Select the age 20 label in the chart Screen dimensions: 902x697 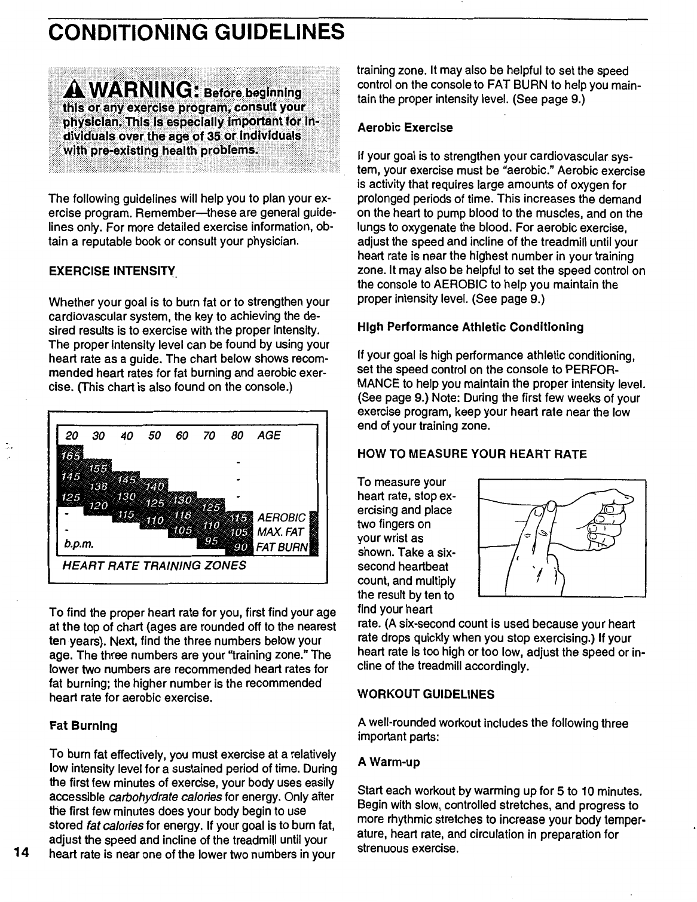click(71, 435)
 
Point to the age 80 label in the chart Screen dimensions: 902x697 click(237, 435)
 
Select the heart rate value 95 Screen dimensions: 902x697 click(212, 541)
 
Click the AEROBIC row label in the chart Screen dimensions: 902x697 click(281, 517)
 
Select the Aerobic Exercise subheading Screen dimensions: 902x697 click(405, 128)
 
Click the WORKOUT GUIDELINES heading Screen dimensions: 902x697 click(426, 694)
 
